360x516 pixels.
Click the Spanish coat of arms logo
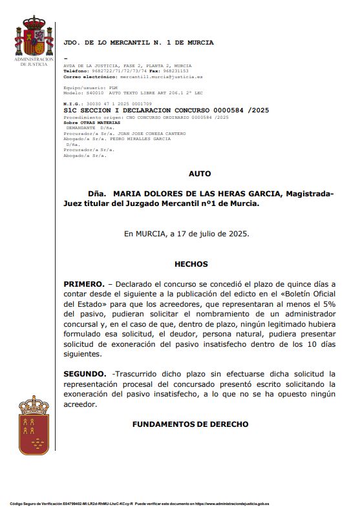click(x=34, y=38)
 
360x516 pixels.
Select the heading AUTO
click(x=199, y=174)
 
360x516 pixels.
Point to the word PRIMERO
click(x=84, y=284)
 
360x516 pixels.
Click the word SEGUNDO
click(x=85, y=374)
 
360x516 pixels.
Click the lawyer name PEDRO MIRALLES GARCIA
click(x=139, y=138)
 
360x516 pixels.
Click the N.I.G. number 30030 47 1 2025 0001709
click(x=120, y=103)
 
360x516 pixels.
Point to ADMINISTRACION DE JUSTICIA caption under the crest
click(x=34, y=61)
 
